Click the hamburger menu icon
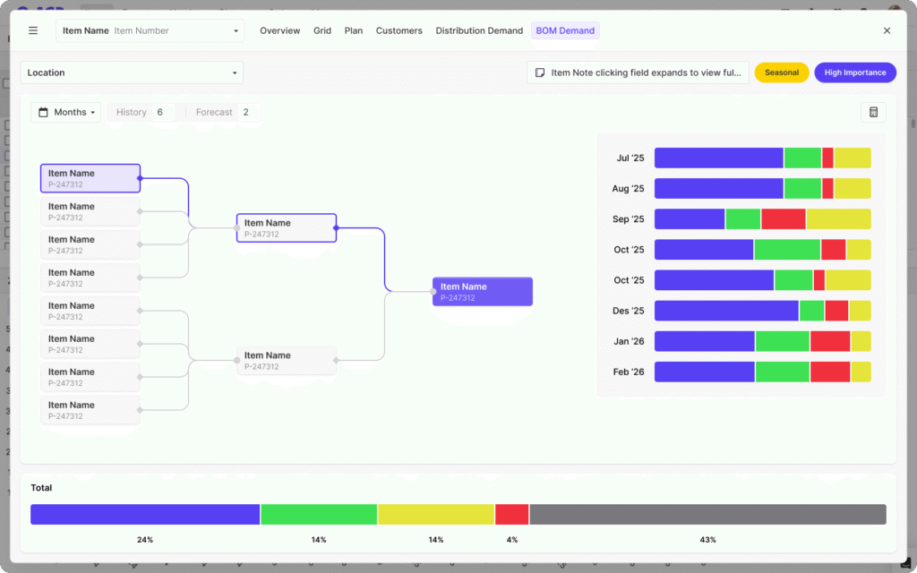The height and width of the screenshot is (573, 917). pyautogui.click(x=33, y=30)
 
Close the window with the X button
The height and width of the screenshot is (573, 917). pyautogui.click(x=887, y=30)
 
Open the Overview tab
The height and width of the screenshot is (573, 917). pyautogui.click(x=279, y=30)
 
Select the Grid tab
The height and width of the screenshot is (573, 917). pyautogui.click(x=322, y=30)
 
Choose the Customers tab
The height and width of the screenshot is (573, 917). pyautogui.click(x=399, y=30)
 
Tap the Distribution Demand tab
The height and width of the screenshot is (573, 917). pyautogui.click(x=479, y=30)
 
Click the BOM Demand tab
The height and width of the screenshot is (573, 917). pyautogui.click(x=565, y=30)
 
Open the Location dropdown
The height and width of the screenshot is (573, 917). pyautogui.click(x=132, y=73)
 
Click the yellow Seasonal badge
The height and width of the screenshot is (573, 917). pyautogui.click(x=782, y=73)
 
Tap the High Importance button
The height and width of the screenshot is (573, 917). pyautogui.click(x=855, y=73)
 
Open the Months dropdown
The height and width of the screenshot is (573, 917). pyautogui.click(x=66, y=112)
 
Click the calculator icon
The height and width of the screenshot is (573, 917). pyautogui.click(x=873, y=112)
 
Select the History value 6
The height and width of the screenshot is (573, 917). pyautogui.click(x=160, y=112)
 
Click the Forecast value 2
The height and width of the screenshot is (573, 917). pyautogui.click(x=246, y=112)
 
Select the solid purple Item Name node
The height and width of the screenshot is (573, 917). pyautogui.click(x=482, y=292)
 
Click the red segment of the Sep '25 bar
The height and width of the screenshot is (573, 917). pyautogui.click(x=784, y=219)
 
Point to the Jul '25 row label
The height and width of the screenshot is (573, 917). pyautogui.click(x=630, y=158)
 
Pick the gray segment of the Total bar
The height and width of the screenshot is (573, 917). pyautogui.click(x=707, y=514)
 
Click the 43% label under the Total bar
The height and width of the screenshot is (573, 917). pyautogui.click(x=707, y=540)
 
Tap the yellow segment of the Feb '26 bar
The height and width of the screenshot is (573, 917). pyautogui.click(x=861, y=372)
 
